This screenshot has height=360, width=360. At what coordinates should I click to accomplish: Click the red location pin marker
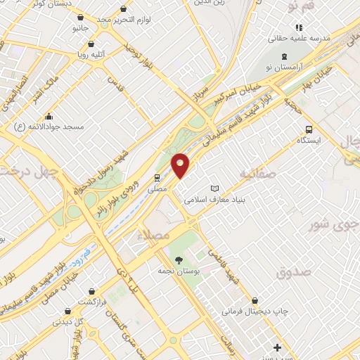point(181,165)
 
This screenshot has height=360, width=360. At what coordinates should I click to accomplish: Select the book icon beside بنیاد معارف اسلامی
point(215,188)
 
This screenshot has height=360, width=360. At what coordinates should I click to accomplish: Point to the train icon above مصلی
point(157,177)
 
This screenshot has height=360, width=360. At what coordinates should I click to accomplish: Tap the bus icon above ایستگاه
point(309,129)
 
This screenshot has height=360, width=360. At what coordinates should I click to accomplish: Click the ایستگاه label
point(309,140)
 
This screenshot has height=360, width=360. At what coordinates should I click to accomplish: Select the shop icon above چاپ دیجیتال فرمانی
point(264,300)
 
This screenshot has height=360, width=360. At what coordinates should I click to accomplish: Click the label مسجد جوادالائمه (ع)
point(49,127)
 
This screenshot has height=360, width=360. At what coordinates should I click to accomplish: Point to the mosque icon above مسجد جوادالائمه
point(49,116)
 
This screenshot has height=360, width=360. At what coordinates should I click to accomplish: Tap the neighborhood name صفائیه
point(256,173)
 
